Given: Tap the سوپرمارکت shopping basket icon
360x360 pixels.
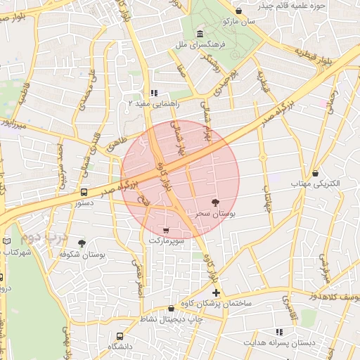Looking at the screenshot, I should click(165, 230).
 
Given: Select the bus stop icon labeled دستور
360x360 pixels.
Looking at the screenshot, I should click(84, 192).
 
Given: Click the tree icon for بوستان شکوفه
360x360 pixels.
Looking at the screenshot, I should click(82, 243).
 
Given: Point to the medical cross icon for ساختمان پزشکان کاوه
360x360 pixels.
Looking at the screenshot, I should click(216, 292).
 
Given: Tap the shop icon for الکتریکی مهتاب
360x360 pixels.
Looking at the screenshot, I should click(315, 173).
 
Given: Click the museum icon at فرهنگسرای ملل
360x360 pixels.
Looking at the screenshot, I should click(201, 34).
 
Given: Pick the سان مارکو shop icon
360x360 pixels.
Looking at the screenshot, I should click(239, 11).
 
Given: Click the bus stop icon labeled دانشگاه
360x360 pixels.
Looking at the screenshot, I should click(120, 336).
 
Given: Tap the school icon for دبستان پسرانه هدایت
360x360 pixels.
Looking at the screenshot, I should click(279, 332).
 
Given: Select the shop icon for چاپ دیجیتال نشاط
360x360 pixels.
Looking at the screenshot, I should click(171, 308).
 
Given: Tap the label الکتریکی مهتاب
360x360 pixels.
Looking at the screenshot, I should click(316, 184).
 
